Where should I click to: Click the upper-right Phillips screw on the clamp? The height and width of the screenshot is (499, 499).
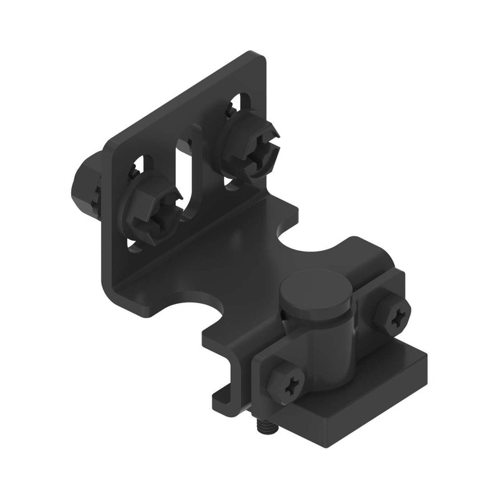[x=394, y=316]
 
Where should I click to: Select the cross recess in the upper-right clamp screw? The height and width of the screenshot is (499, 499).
[x=395, y=316]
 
